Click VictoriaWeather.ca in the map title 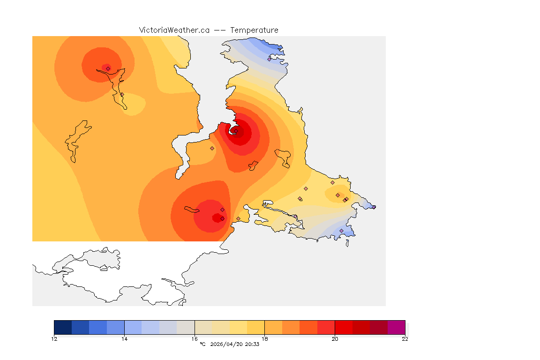click(174, 30)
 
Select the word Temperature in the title click(255, 30)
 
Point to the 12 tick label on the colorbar click(54, 339)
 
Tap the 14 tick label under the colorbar click(124, 339)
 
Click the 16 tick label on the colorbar click(195, 339)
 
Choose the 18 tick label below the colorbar click(265, 339)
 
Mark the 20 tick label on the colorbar click(335, 339)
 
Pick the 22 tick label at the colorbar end click(405, 339)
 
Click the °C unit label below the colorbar click(202, 345)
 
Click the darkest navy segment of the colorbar click(63, 327)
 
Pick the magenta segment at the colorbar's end click(396, 327)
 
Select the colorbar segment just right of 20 click(344, 327)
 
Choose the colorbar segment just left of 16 click(186, 327)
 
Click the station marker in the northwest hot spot click(108, 68)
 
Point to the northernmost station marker click(269, 59)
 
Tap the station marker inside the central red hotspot click(236, 131)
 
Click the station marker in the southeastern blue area click(341, 231)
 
